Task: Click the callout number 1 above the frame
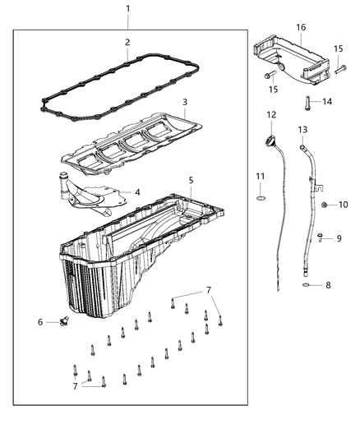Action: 127,9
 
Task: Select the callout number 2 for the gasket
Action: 127,41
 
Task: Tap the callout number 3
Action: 186,103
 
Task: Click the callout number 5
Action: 191,180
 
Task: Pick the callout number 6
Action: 40,322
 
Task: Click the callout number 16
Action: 301,27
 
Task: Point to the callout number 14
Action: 327,102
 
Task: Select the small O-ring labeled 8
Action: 305,286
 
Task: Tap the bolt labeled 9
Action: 318,238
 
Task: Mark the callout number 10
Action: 344,204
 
